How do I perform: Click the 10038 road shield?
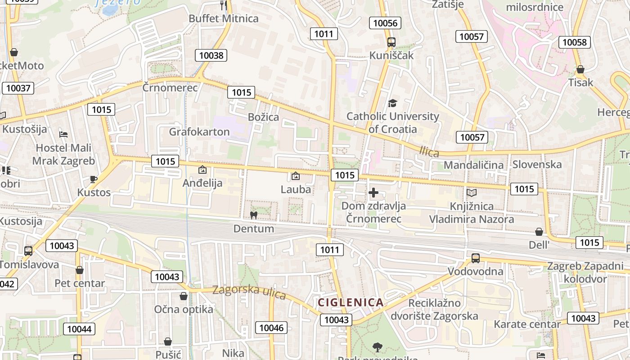click(211, 55)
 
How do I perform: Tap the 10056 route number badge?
click(385, 23)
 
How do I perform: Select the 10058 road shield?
click(575, 42)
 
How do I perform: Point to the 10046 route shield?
click(271, 328)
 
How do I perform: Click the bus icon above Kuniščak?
click(391, 42)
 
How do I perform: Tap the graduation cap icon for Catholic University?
click(392, 103)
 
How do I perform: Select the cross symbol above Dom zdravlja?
click(373, 193)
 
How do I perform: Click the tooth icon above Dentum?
click(253, 215)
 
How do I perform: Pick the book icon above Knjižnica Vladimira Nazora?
click(471, 193)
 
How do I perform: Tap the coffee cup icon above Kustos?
click(93, 179)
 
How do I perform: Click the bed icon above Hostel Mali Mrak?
click(63, 135)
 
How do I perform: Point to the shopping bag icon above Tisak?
click(580, 70)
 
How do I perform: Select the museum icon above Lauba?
click(296, 176)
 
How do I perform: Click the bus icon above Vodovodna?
click(475, 258)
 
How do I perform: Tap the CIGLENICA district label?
click(351, 302)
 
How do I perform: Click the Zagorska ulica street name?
click(249, 292)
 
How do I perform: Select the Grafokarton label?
click(199, 132)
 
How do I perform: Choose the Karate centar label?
click(527, 324)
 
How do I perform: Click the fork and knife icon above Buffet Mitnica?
click(223, 5)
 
